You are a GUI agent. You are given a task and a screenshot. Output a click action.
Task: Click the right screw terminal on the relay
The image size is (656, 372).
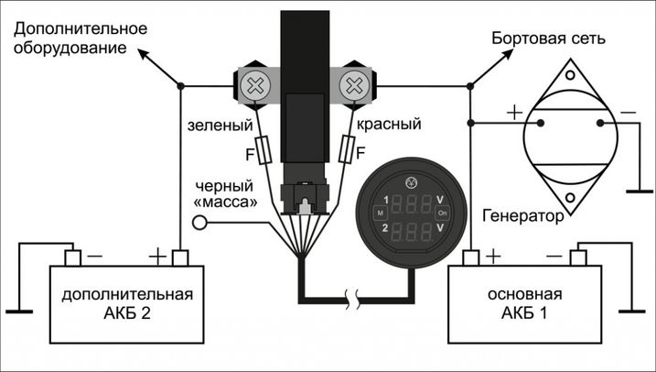353,87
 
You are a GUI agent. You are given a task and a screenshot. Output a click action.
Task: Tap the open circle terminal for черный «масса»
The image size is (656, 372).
199,223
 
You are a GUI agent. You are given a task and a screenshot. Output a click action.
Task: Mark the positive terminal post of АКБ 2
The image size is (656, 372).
180,257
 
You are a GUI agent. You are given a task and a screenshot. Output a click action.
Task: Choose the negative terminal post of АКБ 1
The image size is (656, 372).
578,257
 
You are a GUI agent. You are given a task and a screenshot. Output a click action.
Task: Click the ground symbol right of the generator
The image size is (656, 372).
631,192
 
